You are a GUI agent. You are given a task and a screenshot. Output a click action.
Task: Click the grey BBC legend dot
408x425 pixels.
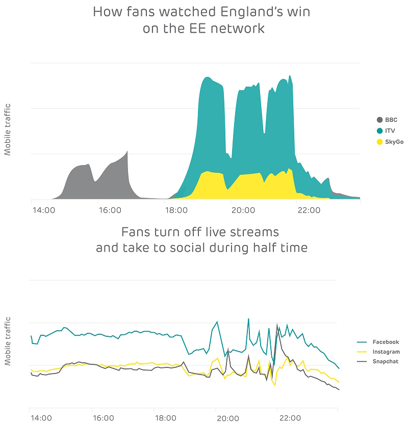click(x=379, y=120)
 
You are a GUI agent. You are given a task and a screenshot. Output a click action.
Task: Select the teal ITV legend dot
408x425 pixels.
click(x=379, y=130)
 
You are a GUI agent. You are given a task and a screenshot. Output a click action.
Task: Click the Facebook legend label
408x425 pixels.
click(x=386, y=342)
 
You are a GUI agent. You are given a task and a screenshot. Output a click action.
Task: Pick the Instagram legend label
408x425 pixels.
click(x=386, y=352)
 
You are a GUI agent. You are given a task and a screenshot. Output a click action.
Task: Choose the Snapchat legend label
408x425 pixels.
click(x=386, y=361)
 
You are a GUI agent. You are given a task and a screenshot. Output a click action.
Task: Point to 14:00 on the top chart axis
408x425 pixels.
click(x=43, y=209)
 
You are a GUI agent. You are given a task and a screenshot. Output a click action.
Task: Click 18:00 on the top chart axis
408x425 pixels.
click(x=176, y=209)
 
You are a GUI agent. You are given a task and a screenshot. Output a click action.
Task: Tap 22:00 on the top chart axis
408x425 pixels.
click(x=309, y=209)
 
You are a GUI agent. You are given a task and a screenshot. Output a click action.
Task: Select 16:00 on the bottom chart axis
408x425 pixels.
click(x=104, y=418)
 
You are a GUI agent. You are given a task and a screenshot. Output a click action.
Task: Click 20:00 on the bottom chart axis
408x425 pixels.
click(x=227, y=418)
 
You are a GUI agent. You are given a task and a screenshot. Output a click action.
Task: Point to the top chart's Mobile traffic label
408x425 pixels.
click(x=8, y=129)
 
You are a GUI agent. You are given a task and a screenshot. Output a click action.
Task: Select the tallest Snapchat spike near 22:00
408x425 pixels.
click(x=277, y=324)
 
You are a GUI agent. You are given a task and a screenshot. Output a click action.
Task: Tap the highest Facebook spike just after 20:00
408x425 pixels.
click(x=248, y=319)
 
